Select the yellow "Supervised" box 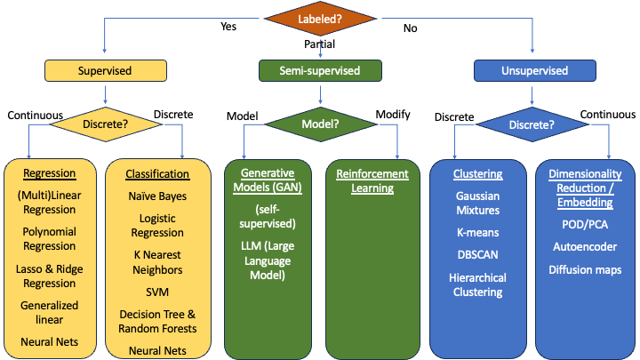pos(107,69)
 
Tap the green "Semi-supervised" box pos(320,69)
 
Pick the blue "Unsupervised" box pos(533,69)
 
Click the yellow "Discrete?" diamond pos(107,124)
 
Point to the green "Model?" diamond pos(320,124)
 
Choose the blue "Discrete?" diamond pos(533,124)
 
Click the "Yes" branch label pos(228,27)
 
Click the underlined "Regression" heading pos(50,173)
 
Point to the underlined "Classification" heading pos(158,174)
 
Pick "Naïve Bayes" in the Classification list pos(158,196)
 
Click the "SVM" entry pos(158,292)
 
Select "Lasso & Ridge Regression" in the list pos(50,276)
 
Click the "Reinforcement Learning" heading pos(372,180)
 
